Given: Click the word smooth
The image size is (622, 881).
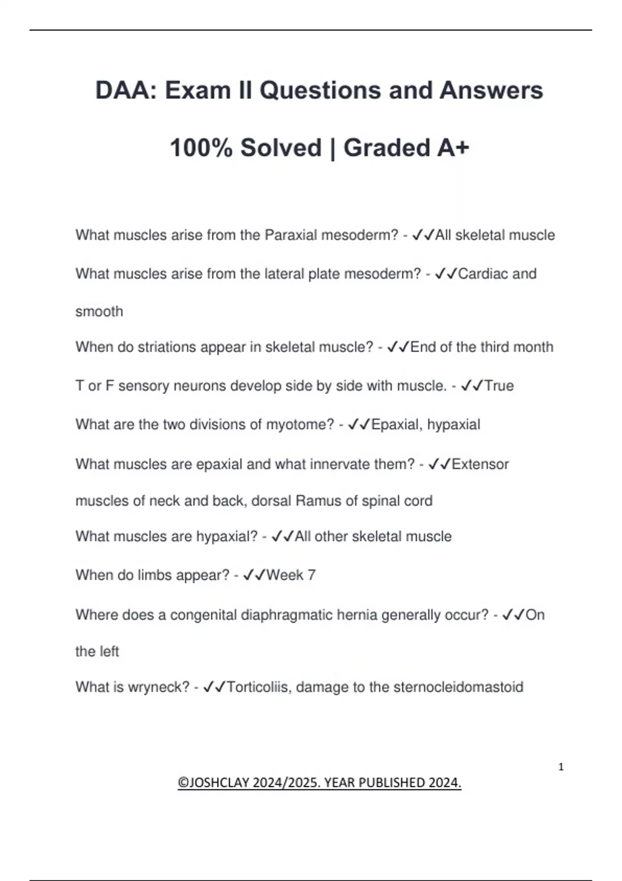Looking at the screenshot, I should [x=99, y=311].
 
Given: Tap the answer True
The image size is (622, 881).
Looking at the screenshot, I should [x=499, y=386].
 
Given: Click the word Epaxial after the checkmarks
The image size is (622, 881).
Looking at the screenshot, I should [x=397, y=424].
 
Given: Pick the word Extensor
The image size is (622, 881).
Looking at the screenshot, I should [x=480, y=464].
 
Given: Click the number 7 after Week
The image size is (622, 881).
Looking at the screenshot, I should [x=312, y=575].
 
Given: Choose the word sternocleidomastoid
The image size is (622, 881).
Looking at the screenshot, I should [x=458, y=687].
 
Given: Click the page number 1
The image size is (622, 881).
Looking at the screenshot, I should [x=561, y=767].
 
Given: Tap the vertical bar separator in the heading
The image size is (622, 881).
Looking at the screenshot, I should [x=332, y=149].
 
